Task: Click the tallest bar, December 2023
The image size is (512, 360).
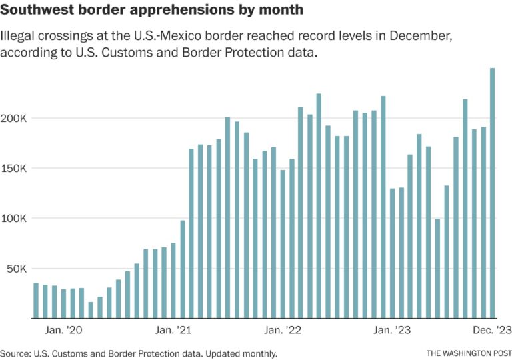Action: [x=493, y=193]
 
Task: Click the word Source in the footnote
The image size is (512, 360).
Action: [x=15, y=353]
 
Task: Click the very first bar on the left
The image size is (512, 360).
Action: [x=36, y=301]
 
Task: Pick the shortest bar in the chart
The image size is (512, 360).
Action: [x=91, y=310]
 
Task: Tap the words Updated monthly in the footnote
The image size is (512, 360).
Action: [x=243, y=353]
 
